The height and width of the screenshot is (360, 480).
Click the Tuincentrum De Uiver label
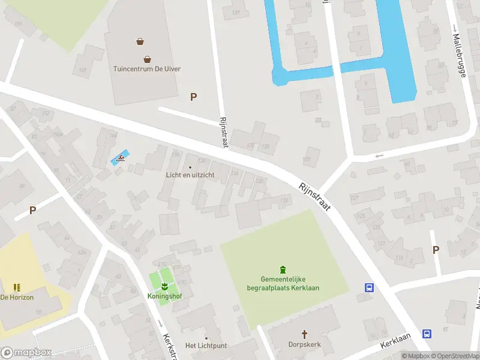tap(147, 68)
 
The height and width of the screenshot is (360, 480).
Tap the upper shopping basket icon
tap(140, 41)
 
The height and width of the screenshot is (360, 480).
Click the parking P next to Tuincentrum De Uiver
tap(193, 97)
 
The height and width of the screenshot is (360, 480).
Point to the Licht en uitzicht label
tap(190, 175)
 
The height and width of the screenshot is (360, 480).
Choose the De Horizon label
tap(17, 297)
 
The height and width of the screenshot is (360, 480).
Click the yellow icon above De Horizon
tap(17, 287)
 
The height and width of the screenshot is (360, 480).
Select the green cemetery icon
tap(283, 269)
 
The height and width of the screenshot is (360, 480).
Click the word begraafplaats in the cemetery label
tap(268, 288)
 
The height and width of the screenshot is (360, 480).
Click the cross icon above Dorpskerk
tap(304, 334)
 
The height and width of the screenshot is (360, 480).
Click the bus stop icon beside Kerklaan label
tap(427, 334)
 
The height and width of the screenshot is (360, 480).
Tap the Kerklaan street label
tap(393, 343)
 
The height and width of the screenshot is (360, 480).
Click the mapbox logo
tap(26, 353)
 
